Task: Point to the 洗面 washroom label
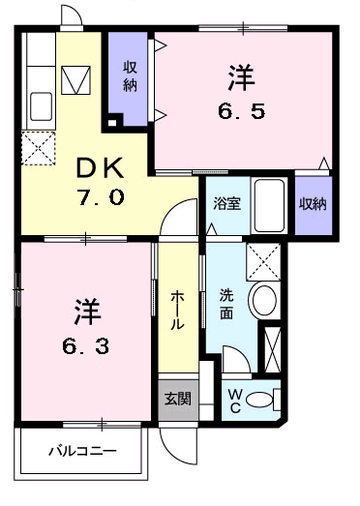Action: coord(226,304)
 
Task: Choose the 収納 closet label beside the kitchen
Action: coord(129,77)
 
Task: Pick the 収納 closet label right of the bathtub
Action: coord(312,204)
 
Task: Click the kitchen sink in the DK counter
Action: coord(42,104)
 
